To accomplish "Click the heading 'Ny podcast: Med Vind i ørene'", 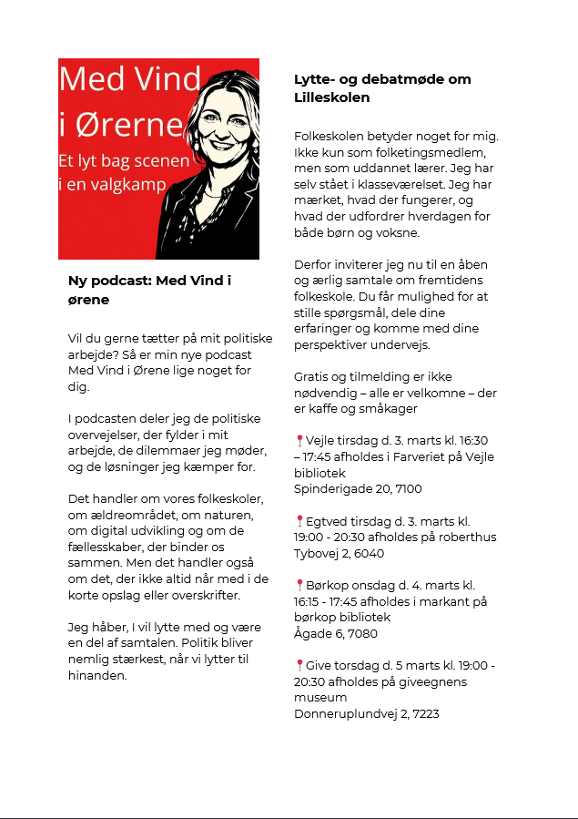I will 149,290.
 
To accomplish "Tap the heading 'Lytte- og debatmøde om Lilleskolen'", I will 370,87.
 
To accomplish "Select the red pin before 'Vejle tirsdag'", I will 299,441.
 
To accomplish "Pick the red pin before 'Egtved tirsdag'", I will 299,521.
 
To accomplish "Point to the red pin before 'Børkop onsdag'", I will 299,586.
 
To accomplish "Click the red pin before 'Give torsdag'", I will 299,666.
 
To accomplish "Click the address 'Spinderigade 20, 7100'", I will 358,488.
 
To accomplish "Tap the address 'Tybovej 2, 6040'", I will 339,553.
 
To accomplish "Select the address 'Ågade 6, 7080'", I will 335,633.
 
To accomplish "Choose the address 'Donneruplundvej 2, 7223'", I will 366,713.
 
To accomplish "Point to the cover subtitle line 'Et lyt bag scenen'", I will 124,161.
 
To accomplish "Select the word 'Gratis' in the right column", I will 312,376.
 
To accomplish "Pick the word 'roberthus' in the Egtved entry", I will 468,537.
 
